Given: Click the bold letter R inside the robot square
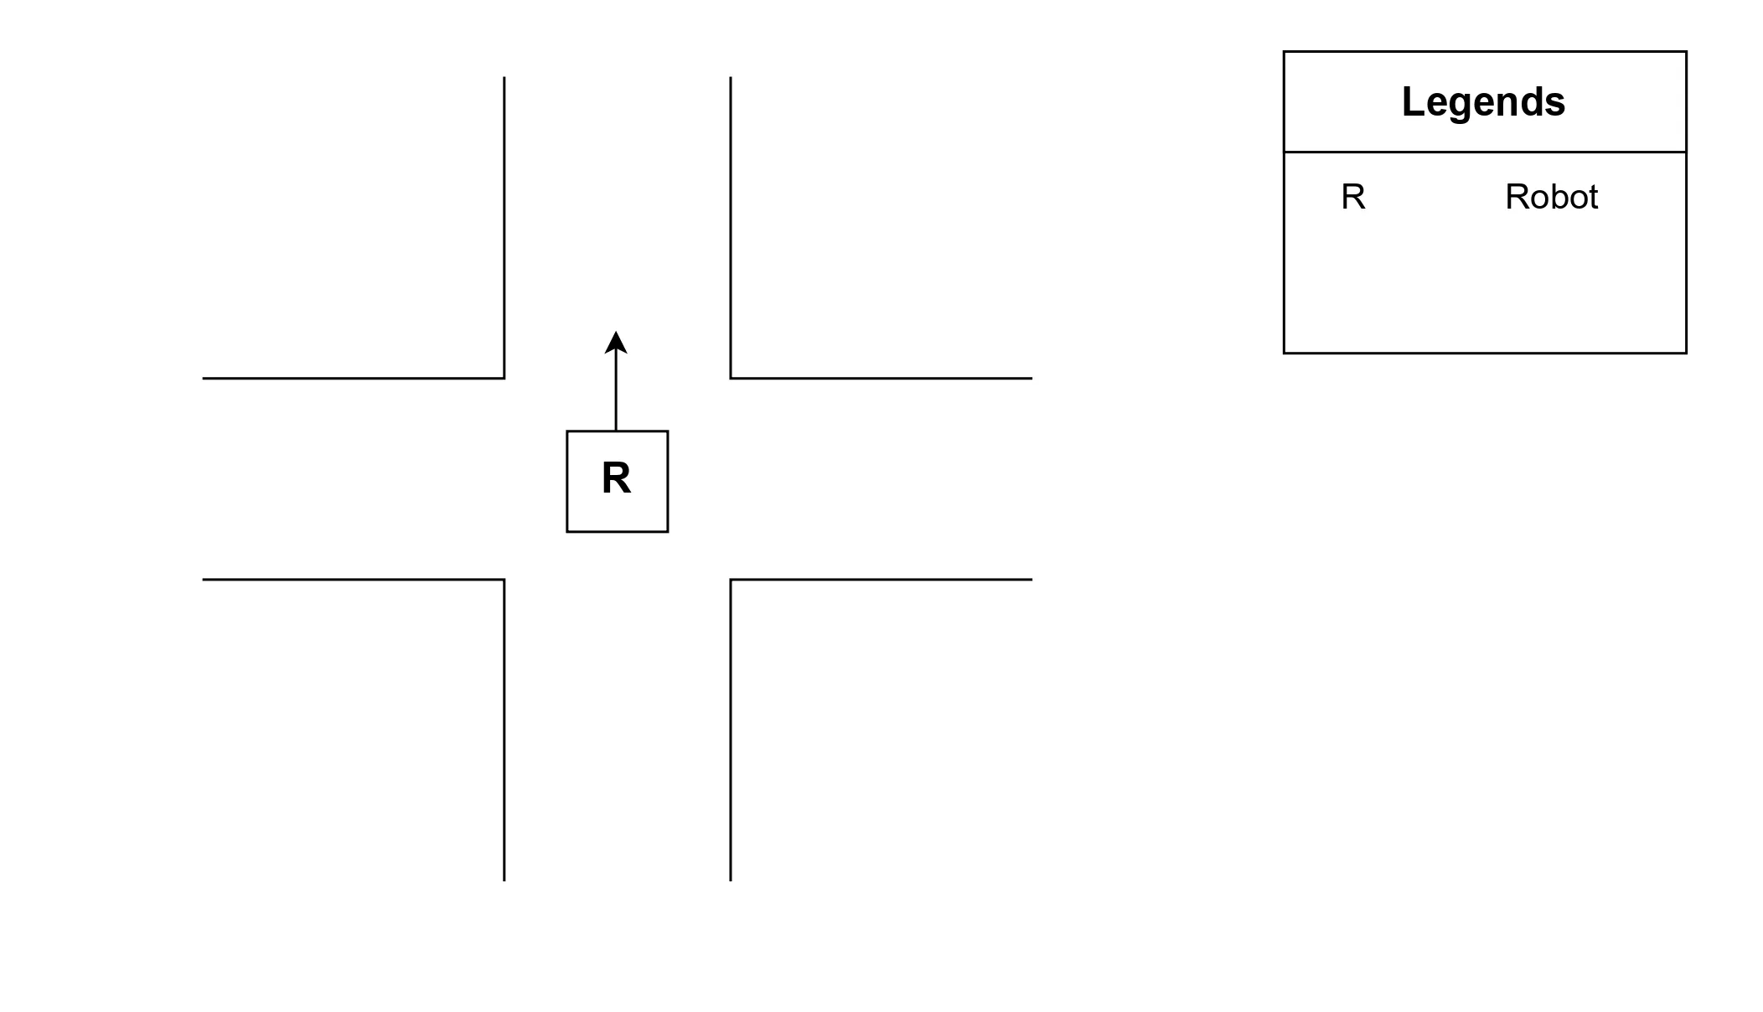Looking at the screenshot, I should click(x=616, y=478).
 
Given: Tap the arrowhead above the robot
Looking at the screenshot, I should click(x=616, y=342).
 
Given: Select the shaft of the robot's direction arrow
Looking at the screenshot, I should click(x=616, y=390).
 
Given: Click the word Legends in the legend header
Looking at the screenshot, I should click(x=1483, y=102).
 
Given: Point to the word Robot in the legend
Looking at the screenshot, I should click(x=1551, y=198).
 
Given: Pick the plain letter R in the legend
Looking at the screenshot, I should click(x=1353, y=198).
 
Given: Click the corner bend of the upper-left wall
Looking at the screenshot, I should click(x=504, y=378).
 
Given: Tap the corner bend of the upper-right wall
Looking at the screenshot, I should click(x=731, y=378).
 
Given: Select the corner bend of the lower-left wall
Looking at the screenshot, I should click(x=504, y=579).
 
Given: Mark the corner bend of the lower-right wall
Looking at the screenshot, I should click(x=731, y=579).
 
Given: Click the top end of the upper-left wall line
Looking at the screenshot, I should click(x=504, y=78).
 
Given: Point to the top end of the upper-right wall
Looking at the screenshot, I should click(x=731, y=78).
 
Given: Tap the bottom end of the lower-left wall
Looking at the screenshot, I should click(x=504, y=880).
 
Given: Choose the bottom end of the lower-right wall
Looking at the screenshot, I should click(x=731, y=880).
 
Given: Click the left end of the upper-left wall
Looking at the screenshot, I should click(x=204, y=378).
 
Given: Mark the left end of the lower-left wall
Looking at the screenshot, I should click(x=204, y=579).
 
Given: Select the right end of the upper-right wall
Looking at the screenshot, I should click(x=1031, y=378).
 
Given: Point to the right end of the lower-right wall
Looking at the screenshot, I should click(x=1031, y=579).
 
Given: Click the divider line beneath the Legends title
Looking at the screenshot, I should click(x=1485, y=152).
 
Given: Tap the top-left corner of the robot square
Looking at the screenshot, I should click(x=567, y=431).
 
